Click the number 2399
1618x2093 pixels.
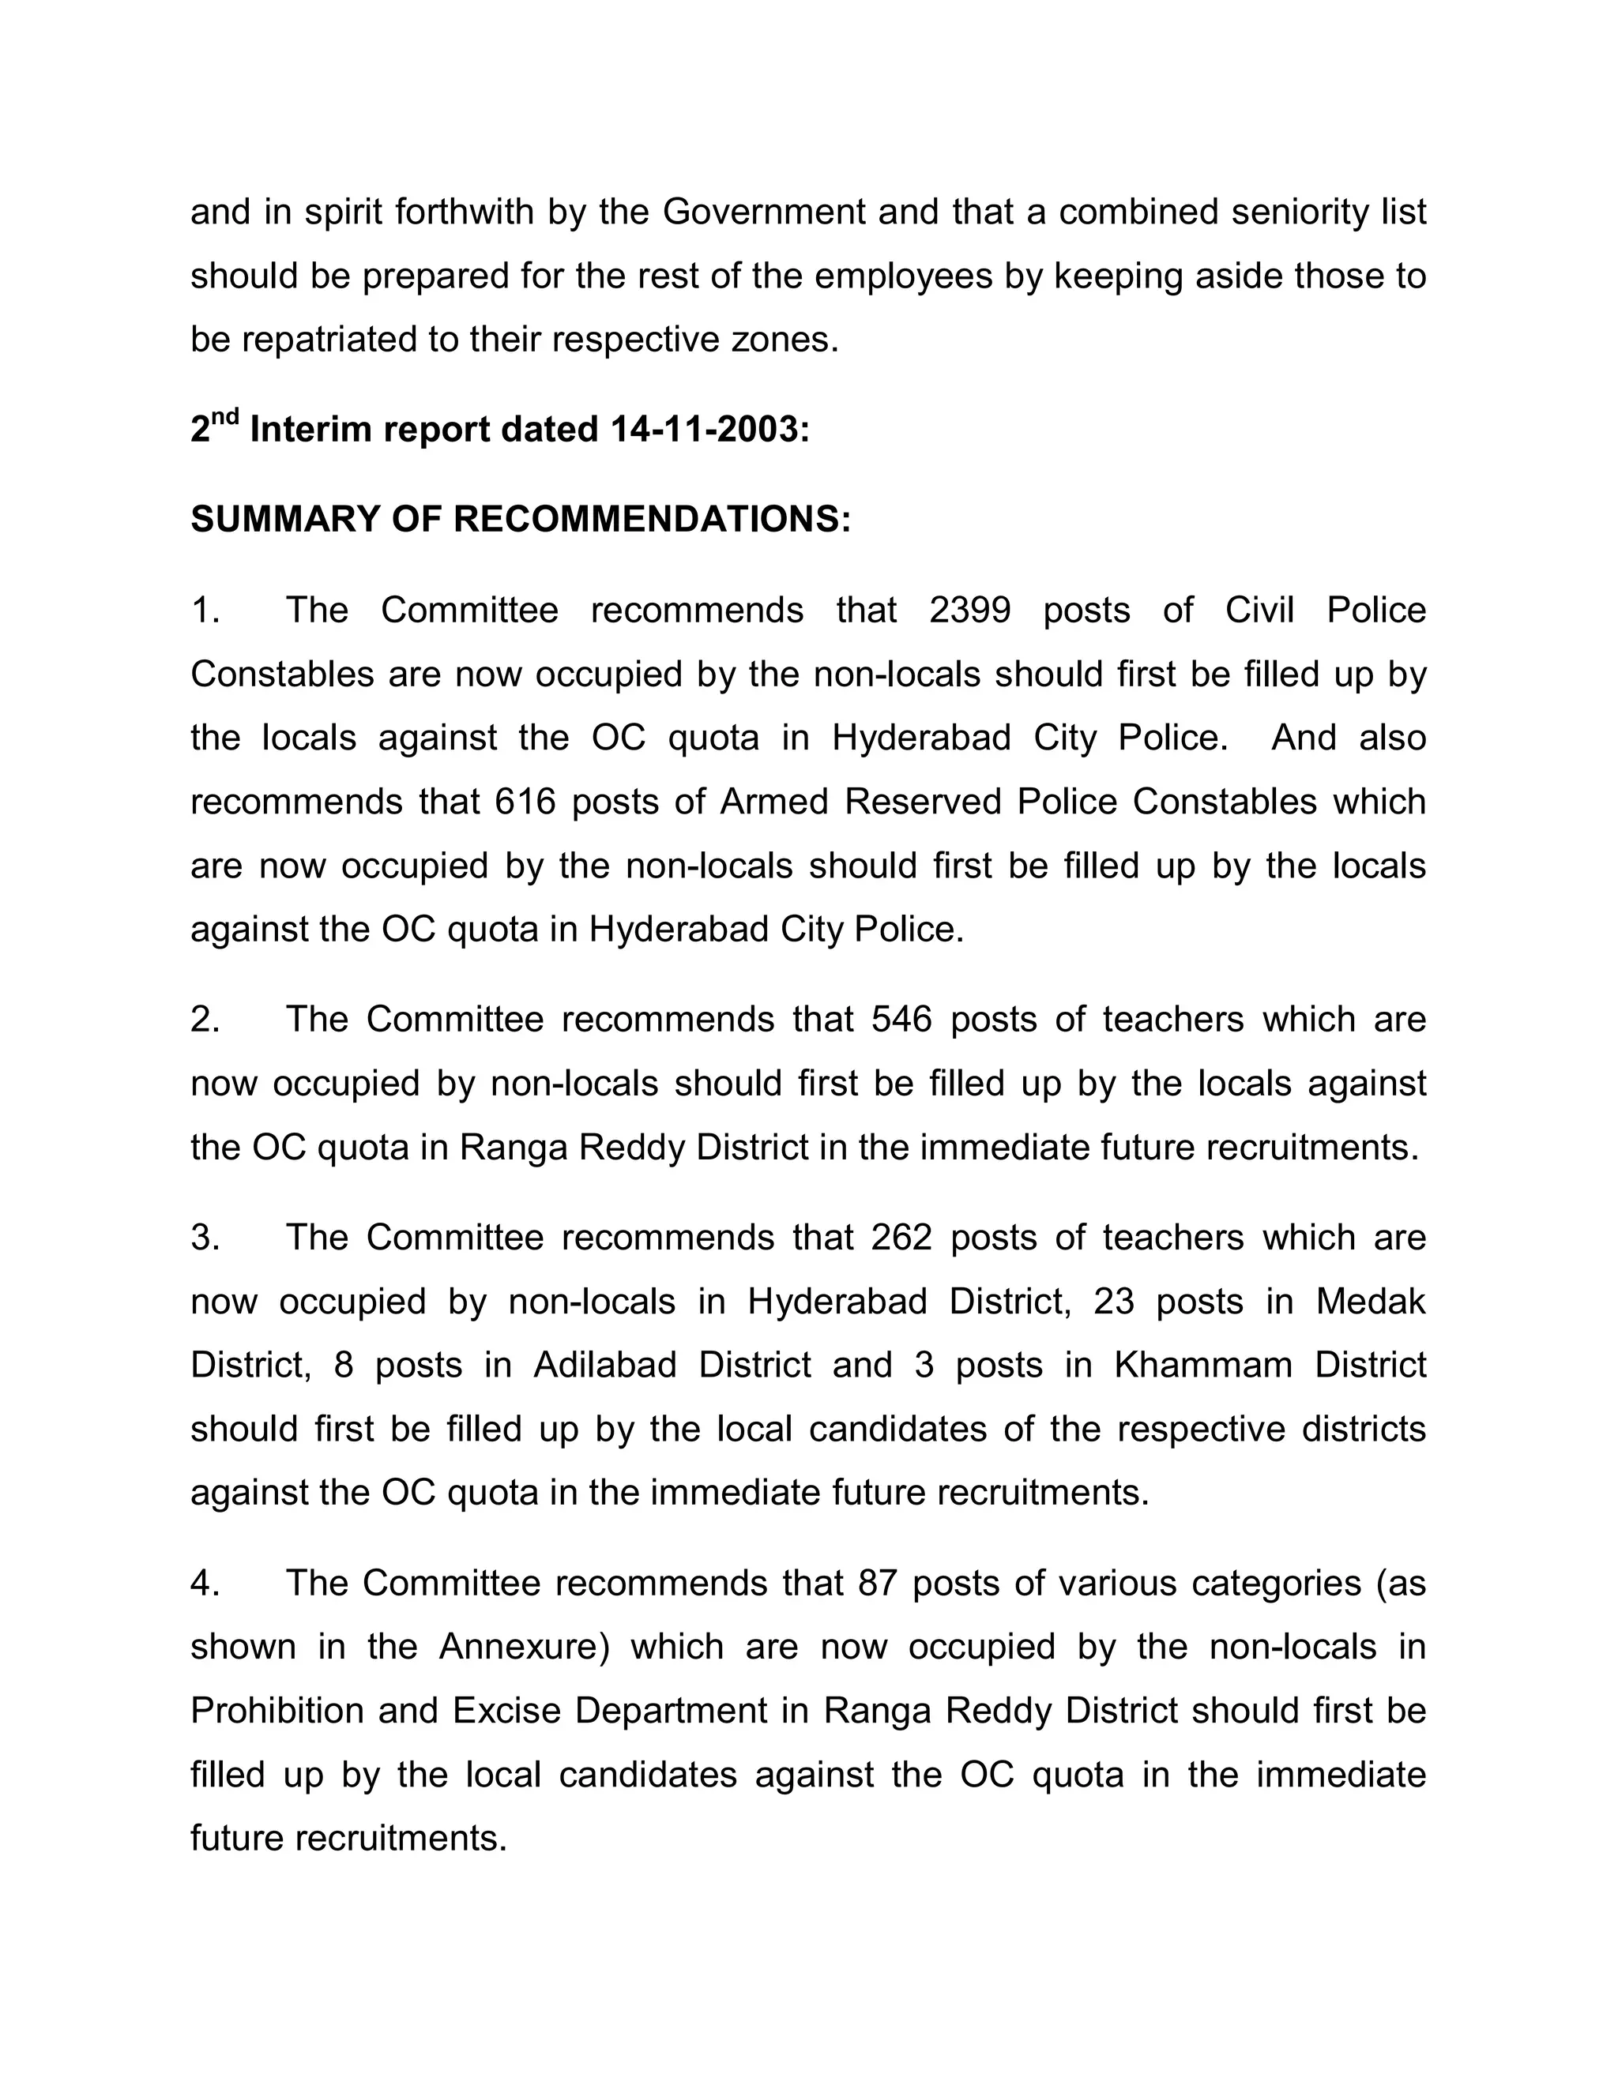pos(969,611)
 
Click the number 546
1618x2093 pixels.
pos(901,1020)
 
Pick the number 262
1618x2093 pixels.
pos(901,1237)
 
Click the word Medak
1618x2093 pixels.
pos(1370,1302)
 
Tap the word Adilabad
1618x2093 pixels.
pos(605,1365)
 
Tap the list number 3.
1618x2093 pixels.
pos(203,1237)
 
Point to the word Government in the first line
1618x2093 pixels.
pos(764,212)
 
